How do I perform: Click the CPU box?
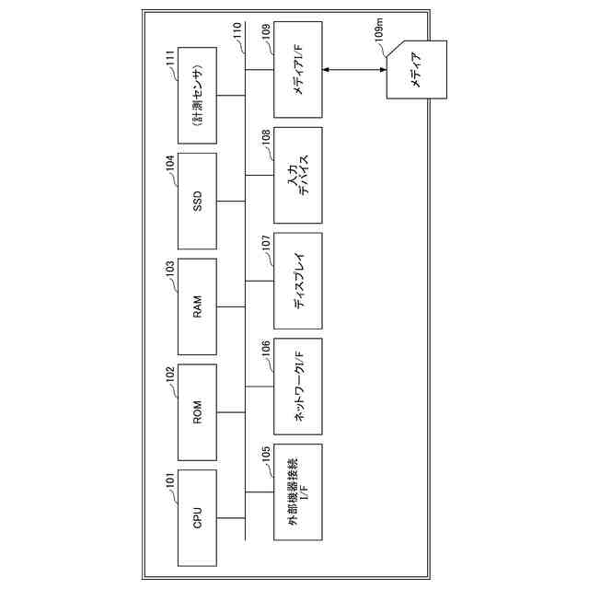click(197, 517)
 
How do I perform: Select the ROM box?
click(197, 412)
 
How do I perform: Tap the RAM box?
click(197, 307)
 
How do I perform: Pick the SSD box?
click(197, 202)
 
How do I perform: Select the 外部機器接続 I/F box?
click(299, 497)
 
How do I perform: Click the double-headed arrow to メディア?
click(354, 69)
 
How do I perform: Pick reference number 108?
click(266, 138)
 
